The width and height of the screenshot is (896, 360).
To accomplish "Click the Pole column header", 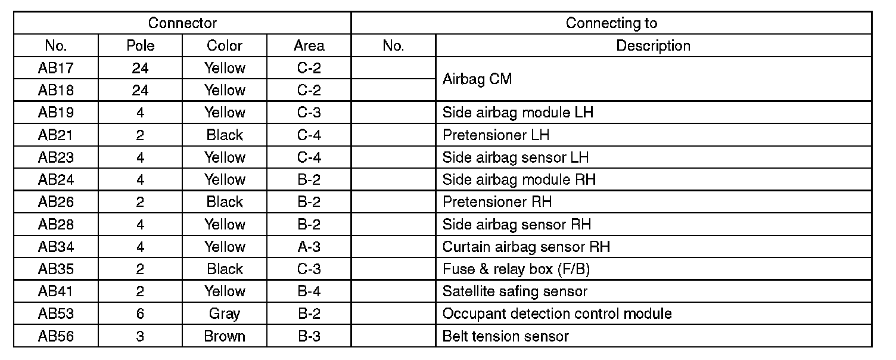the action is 140,46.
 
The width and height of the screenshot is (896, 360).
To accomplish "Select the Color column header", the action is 225,46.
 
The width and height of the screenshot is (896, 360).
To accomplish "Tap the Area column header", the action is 309,46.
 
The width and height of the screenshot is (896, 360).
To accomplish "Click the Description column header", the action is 653,46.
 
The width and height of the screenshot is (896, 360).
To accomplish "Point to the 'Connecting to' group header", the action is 611,23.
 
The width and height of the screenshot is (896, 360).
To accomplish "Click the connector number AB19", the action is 56,113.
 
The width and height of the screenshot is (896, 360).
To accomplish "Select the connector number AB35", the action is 56,269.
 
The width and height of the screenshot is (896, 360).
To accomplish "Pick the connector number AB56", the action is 56,336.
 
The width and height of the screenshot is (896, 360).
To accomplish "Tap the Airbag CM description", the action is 477,79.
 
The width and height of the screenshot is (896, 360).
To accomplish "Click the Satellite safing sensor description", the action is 515,291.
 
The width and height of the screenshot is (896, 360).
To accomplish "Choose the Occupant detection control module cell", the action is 557,314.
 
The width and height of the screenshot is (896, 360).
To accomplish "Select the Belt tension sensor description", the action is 505,336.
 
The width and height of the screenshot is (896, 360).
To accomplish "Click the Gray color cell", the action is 225,314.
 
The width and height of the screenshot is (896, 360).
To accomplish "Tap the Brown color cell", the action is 225,336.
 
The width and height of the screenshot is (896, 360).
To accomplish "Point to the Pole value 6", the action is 140,314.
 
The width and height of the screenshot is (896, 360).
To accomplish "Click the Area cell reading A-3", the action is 309,247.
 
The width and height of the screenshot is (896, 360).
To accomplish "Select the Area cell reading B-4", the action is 309,291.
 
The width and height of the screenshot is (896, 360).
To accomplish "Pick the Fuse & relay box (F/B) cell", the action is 516,269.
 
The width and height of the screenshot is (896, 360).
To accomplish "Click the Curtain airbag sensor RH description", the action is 526,247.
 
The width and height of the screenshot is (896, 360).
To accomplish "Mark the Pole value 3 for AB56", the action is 140,336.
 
